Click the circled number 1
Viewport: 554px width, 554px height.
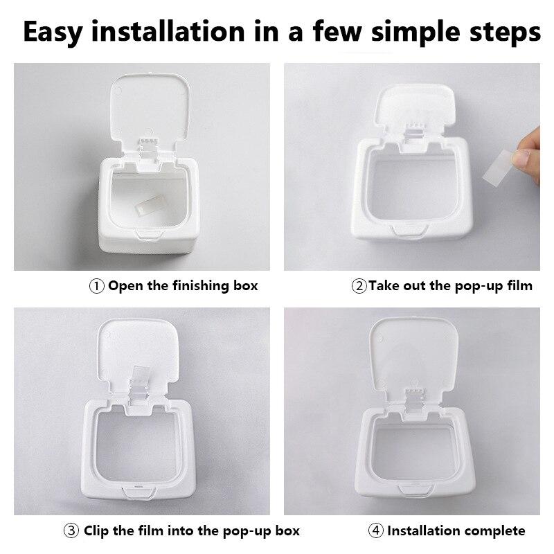click(x=97, y=285)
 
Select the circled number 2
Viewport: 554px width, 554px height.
click(x=359, y=285)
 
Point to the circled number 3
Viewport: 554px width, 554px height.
click(x=72, y=531)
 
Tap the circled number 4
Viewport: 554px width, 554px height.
click(x=376, y=531)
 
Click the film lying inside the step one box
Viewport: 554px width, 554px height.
click(x=152, y=205)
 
